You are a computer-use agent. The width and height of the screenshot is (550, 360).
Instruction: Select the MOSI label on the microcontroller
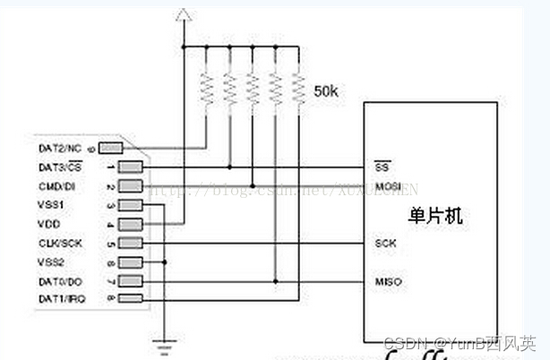click(x=387, y=186)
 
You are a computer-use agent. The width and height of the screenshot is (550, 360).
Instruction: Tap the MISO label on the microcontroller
click(x=387, y=282)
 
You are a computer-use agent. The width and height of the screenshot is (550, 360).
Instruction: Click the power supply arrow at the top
click(x=183, y=15)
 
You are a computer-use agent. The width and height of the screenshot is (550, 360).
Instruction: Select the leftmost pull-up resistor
click(x=207, y=90)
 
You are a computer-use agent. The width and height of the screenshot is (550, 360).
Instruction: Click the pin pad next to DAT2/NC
click(x=110, y=147)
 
